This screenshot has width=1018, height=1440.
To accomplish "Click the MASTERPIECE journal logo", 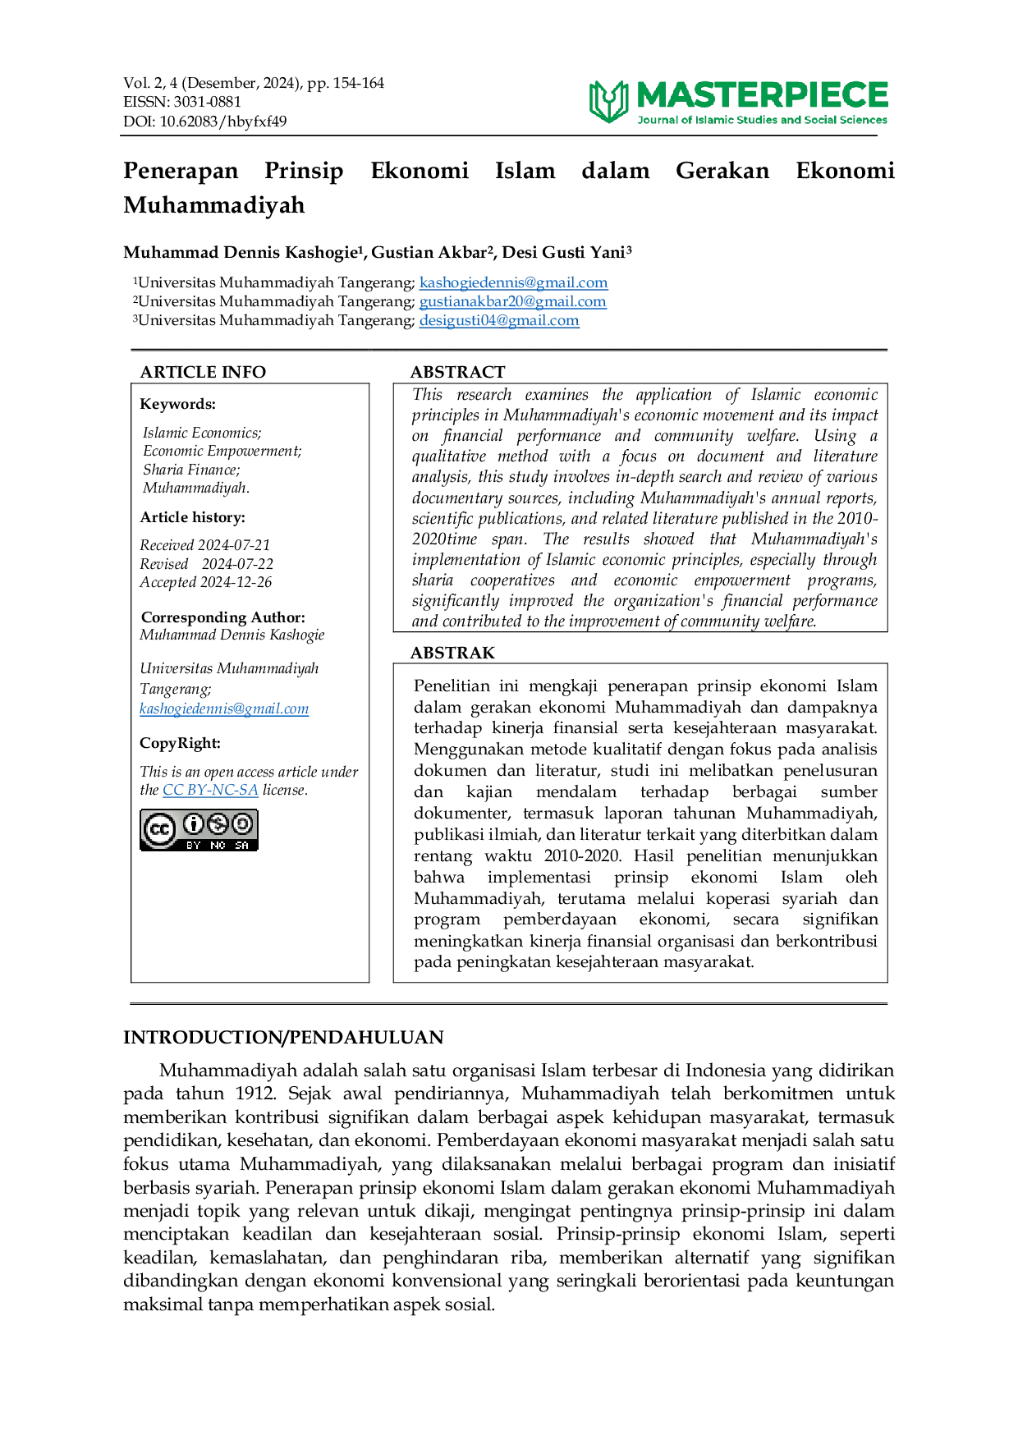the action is pyautogui.click(x=738, y=102).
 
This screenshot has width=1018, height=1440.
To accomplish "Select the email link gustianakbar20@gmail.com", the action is pyautogui.click(x=513, y=301).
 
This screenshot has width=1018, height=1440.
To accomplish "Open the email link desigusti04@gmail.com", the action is pyautogui.click(x=499, y=320).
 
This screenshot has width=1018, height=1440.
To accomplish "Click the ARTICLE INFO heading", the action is pyautogui.click(x=203, y=372).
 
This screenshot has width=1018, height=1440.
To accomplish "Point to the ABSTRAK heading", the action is pyautogui.click(x=452, y=653).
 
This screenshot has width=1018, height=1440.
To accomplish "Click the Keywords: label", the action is pyautogui.click(x=178, y=404).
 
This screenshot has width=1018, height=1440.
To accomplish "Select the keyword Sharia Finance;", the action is pyautogui.click(x=192, y=470).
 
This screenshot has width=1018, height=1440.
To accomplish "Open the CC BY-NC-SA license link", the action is pyautogui.click(x=210, y=790).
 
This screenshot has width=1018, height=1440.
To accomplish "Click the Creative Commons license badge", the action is pyautogui.click(x=199, y=830).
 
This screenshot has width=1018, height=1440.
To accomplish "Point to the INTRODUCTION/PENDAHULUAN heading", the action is pyautogui.click(x=283, y=1038).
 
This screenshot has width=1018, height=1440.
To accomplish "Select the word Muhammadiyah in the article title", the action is pyautogui.click(x=214, y=205).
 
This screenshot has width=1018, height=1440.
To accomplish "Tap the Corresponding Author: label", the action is pyautogui.click(x=223, y=617).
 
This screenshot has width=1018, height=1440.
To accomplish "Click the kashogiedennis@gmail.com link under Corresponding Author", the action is pyautogui.click(x=224, y=709).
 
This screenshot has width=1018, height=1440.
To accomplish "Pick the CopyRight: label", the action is pyautogui.click(x=181, y=744).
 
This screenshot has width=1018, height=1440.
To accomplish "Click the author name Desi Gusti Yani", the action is pyautogui.click(x=564, y=252).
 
